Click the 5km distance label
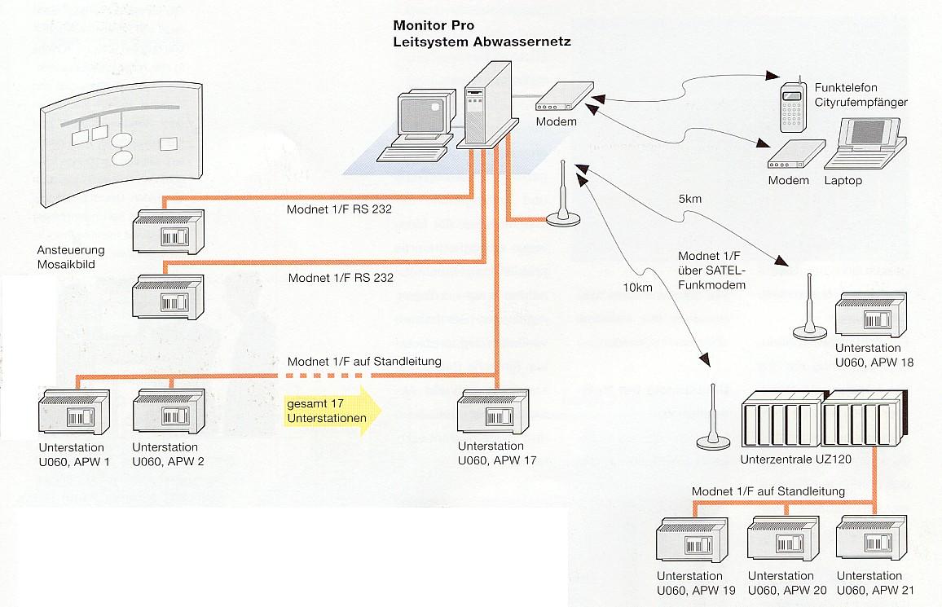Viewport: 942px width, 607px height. click(688, 198)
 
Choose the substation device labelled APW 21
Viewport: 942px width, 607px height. click(869, 540)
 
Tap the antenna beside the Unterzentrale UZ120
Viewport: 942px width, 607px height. click(712, 417)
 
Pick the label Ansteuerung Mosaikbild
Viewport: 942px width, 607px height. click(71, 257)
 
